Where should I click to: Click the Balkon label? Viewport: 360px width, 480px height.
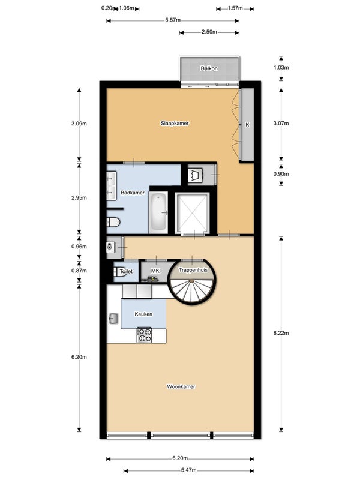tap(209, 68)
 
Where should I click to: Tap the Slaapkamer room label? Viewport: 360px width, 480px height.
tap(175, 124)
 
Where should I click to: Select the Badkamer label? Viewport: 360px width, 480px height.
tap(133, 193)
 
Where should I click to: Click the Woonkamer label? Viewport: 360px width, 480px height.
tap(181, 386)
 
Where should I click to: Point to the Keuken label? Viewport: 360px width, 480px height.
tap(143, 314)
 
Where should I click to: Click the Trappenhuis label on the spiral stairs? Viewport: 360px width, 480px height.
tap(193, 270)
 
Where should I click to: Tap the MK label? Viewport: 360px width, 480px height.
tap(155, 271)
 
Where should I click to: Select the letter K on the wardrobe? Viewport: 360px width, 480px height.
tap(247, 125)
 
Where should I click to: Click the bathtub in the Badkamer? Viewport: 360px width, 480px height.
tap(158, 212)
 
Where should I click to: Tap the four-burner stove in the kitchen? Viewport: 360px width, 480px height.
tap(144, 335)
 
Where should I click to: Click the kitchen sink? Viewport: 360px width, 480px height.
tap(113, 319)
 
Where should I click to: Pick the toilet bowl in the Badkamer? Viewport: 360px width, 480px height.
tap(113, 222)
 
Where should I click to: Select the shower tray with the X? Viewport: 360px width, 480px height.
tap(192, 213)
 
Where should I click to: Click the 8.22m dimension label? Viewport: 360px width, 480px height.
tap(281, 333)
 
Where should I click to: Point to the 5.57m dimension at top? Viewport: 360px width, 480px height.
tap(173, 20)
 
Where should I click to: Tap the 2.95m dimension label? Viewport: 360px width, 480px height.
tap(79, 198)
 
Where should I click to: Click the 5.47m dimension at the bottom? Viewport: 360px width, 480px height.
tap(188, 470)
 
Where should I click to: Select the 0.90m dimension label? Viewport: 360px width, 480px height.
tap(281, 174)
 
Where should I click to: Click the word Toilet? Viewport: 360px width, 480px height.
tap(126, 271)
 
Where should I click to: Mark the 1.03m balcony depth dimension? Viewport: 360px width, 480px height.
tap(281, 67)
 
